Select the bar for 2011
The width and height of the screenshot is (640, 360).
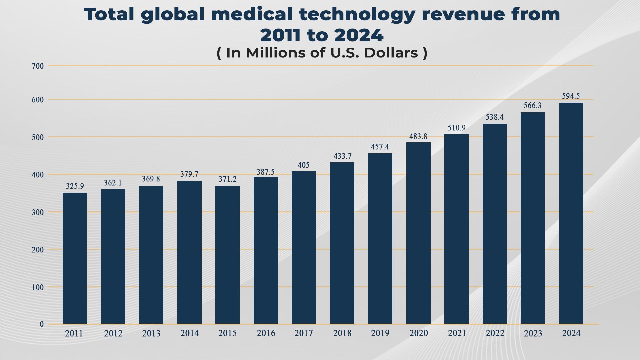coord(75,258)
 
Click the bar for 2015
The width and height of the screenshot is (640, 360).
coord(227,255)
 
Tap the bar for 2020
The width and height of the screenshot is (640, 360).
coord(418,233)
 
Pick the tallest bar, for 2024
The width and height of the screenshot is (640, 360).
coord(571,213)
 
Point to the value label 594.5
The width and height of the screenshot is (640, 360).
coord(571,96)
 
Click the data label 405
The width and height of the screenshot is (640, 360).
coord(304,165)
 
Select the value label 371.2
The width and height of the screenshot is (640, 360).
coord(227,179)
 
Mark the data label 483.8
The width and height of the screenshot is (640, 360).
coord(418,136)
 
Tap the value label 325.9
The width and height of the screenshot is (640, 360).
coord(75,186)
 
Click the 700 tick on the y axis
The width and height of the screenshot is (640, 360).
coord(38,66)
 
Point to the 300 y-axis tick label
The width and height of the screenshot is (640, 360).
coord(38,212)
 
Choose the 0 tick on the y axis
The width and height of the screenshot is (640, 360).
coord(42,324)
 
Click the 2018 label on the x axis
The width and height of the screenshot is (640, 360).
coord(342,333)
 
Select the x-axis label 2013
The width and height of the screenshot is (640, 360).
coord(151,333)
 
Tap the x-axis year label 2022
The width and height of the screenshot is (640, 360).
coord(495,333)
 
